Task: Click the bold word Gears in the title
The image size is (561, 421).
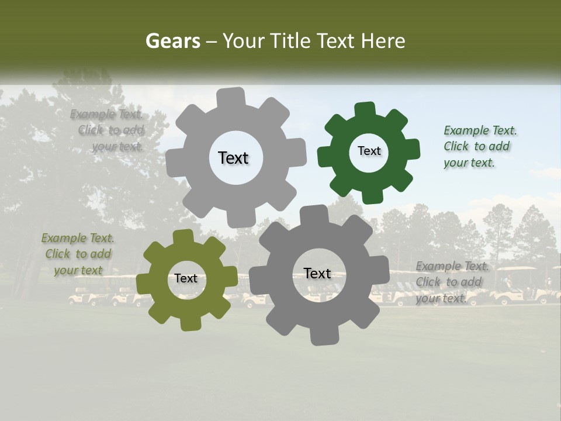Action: click(172, 41)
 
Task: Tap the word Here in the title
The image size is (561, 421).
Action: click(383, 41)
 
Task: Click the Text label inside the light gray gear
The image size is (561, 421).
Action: click(233, 158)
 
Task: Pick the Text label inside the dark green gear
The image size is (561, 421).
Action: click(369, 151)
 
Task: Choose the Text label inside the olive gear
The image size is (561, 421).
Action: click(186, 278)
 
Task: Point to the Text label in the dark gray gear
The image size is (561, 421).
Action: click(317, 273)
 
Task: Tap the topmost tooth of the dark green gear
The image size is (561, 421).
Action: click(365, 110)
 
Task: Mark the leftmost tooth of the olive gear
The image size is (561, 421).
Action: click(144, 284)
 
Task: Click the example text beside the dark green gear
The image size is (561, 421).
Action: click(480, 146)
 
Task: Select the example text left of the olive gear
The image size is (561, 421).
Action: click(78, 254)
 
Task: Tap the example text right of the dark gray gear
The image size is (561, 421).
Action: click(452, 282)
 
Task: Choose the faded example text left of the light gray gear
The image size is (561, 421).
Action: click(109, 130)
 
